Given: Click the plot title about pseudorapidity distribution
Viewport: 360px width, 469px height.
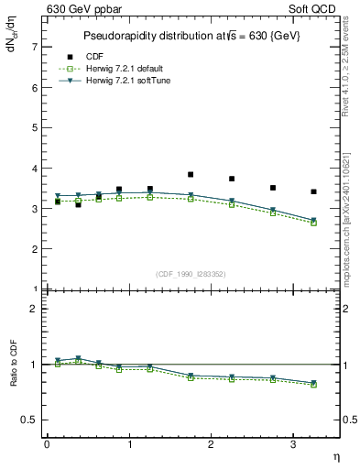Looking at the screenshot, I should (193, 37).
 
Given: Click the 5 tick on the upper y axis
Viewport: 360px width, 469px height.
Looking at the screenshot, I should (34, 128).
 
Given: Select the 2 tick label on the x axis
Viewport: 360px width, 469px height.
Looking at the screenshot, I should (212, 444).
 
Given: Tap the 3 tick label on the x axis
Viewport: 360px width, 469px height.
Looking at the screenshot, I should (293, 444).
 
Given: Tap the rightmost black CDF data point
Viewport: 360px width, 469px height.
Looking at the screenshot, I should (314, 191).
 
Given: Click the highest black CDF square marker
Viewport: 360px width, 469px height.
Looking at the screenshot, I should (191, 174).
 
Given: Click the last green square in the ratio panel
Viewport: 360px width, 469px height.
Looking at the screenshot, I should (314, 385).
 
